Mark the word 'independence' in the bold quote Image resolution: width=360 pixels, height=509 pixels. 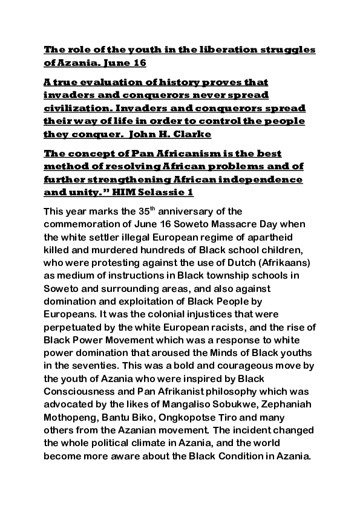(260, 180)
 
